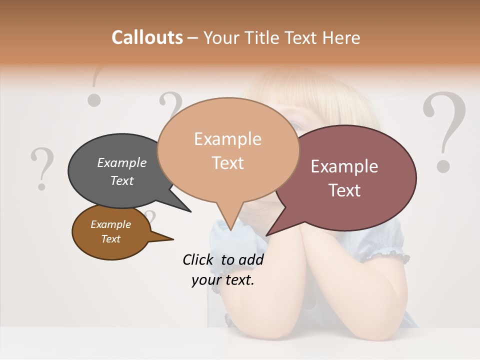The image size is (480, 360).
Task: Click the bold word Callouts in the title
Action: tap(147, 37)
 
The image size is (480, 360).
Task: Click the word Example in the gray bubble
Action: tap(121, 163)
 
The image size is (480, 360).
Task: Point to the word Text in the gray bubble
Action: tap(121, 180)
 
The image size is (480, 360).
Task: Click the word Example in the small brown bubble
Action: tap(110, 224)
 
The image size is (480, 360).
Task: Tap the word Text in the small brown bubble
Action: tap(110, 239)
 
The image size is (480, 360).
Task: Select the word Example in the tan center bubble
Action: tap(227, 139)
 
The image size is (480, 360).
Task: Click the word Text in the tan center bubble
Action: tap(227, 163)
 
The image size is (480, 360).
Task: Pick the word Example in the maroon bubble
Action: tap(344, 166)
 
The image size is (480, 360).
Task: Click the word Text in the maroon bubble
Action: tap(344, 190)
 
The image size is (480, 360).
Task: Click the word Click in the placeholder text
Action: tap(199, 259)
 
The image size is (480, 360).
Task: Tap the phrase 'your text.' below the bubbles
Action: tap(223, 280)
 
